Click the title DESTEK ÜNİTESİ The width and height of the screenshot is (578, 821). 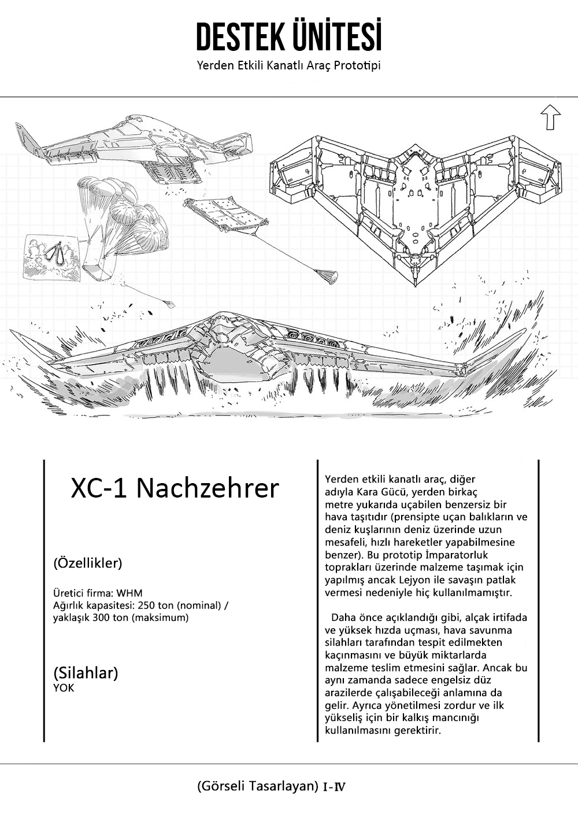tap(288, 37)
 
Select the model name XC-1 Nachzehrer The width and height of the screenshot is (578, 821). tap(175, 488)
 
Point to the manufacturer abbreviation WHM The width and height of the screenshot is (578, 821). tap(129, 593)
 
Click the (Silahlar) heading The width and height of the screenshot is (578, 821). tap(86, 673)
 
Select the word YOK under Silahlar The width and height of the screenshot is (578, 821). tap(64, 688)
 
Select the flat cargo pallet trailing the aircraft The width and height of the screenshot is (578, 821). tap(225, 215)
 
